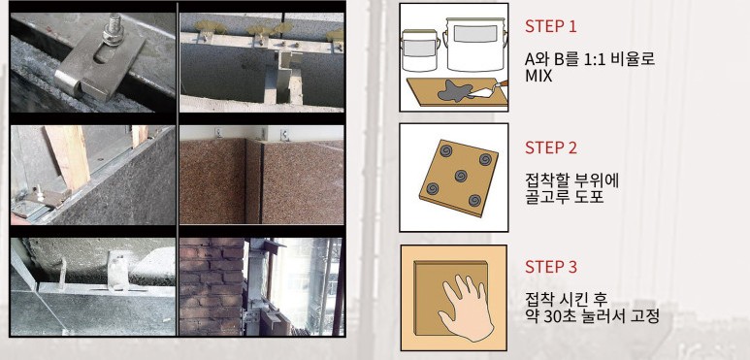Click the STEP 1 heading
tap(550, 27)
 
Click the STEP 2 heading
tap(550, 147)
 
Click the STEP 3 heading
tap(550, 267)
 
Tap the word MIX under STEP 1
tap(538, 77)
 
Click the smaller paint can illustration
tap(420, 50)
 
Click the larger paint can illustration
tap(473, 44)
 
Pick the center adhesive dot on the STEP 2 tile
tap(461, 175)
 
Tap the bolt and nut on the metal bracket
tap(113, 31)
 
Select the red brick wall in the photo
tap(211, 286)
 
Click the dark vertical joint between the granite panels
tap(260, 182)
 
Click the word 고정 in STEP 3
tap(644, 317)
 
